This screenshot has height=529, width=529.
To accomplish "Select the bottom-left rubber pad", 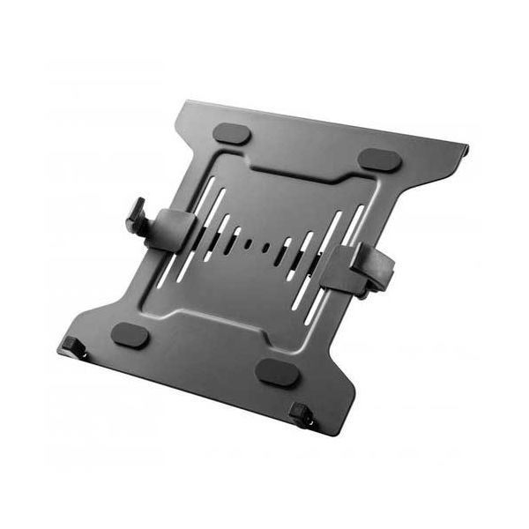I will pos(130,335).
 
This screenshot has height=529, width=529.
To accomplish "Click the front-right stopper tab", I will pos(303,412).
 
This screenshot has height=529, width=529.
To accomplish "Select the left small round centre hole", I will pos(251,242).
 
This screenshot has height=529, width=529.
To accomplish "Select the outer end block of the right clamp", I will pos(386,269).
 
